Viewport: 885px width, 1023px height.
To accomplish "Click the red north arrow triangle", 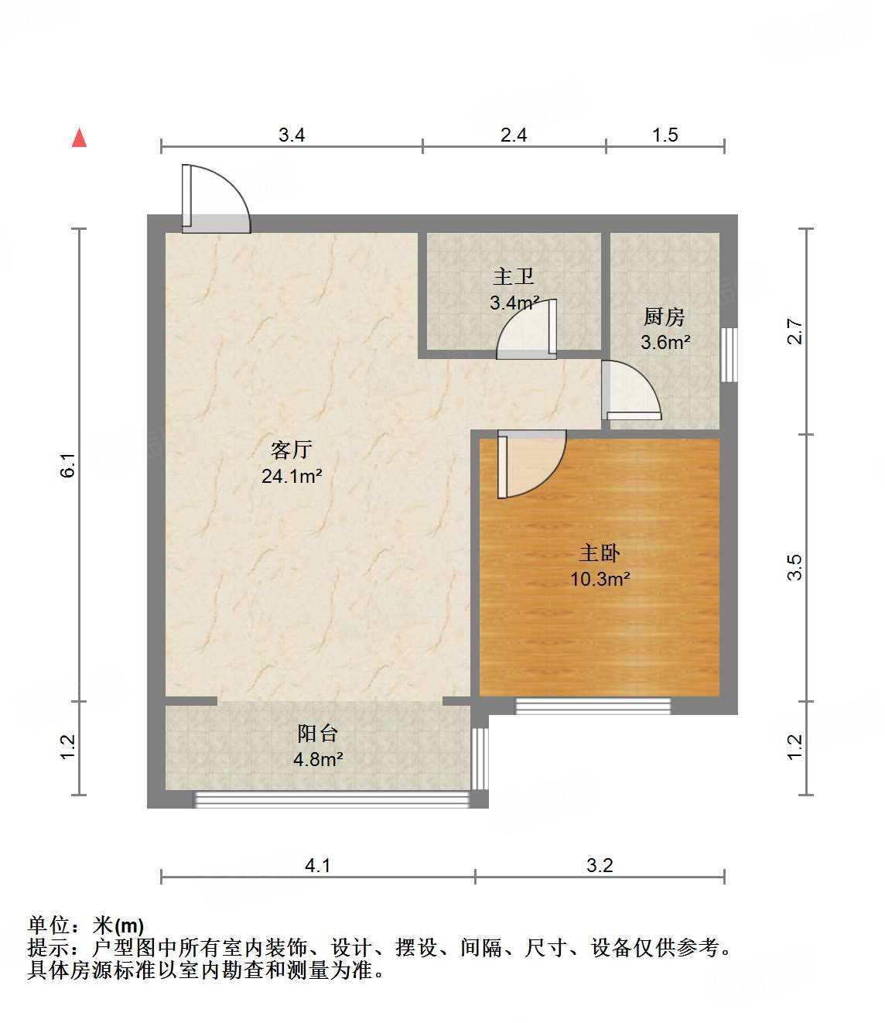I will (x=79, y=138).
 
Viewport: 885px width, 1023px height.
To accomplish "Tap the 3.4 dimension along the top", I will (x=292, y=135).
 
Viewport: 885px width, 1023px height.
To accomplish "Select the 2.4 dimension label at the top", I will (x=514, y=135).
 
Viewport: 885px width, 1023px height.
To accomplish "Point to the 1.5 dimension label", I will (x=665, y=135).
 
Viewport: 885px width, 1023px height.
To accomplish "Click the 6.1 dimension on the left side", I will (x=68, y=465).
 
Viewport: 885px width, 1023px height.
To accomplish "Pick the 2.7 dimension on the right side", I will (x=794, y=332).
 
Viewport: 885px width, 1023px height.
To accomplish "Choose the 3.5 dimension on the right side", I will (x=794, y=567).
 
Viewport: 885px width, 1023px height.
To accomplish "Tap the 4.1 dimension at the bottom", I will (x=318, y=865).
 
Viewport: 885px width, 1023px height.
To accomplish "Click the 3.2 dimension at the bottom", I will (x=600, y=865).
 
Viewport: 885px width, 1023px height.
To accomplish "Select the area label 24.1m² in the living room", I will (x=292, y=476).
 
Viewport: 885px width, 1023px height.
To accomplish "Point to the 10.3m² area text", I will (x=600, y=579).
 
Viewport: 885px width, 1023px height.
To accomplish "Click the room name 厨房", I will (x=665, y=316).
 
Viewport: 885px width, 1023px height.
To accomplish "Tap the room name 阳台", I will (x=318, y=733).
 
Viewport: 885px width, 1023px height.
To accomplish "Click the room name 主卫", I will (x=514, y=276).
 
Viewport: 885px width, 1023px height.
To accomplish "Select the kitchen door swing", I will (x=630, y=392).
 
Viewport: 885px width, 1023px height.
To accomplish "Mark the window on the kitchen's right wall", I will (x=729, y=354).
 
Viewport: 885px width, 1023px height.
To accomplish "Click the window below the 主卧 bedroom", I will (x=593, y=706).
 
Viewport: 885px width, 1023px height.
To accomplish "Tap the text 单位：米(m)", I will (x=86, y=925).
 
